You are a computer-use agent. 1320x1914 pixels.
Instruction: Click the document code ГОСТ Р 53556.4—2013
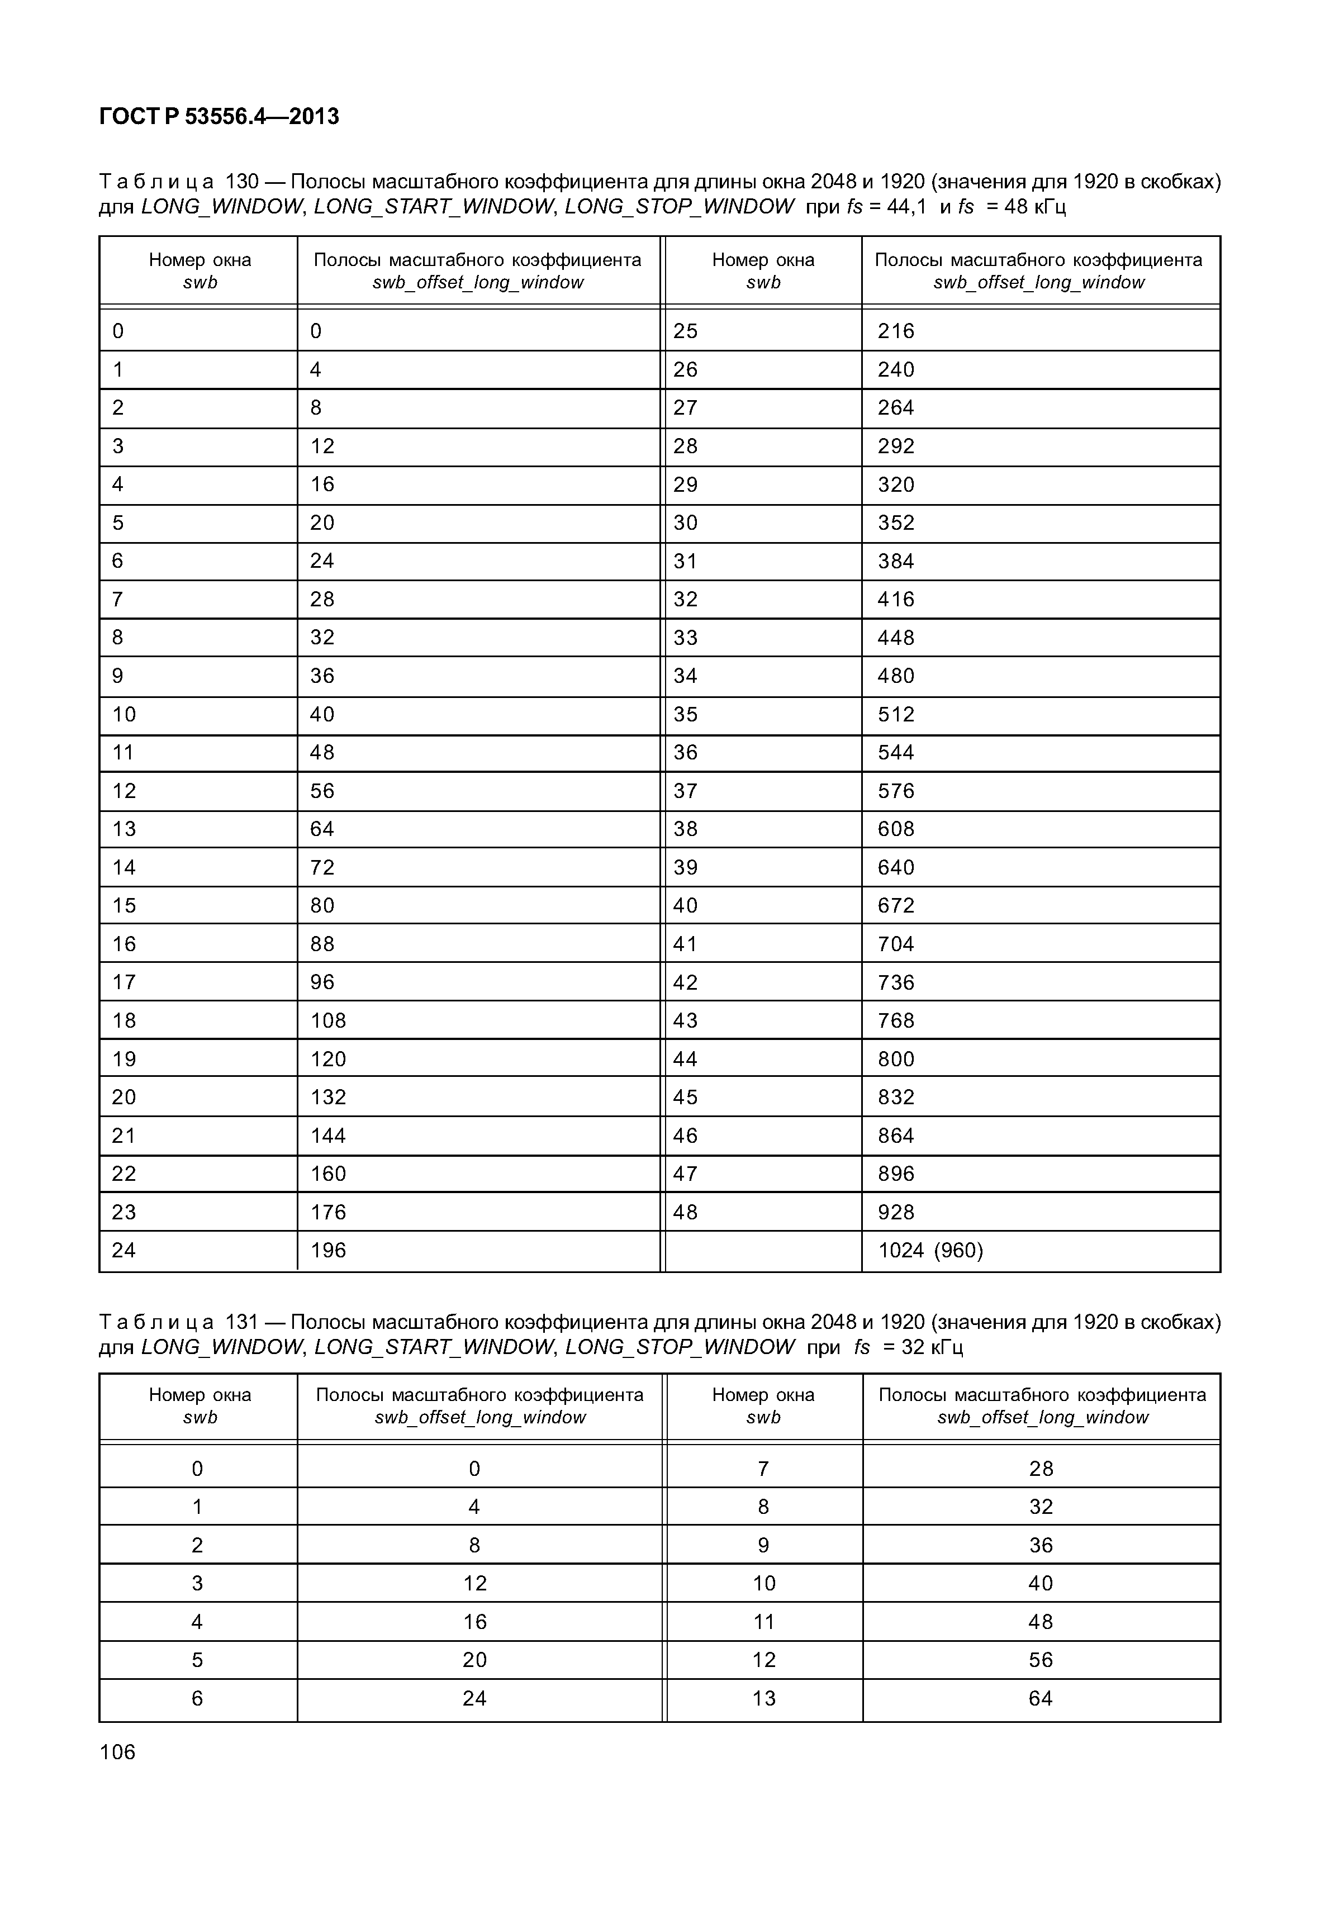pos(219,117)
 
